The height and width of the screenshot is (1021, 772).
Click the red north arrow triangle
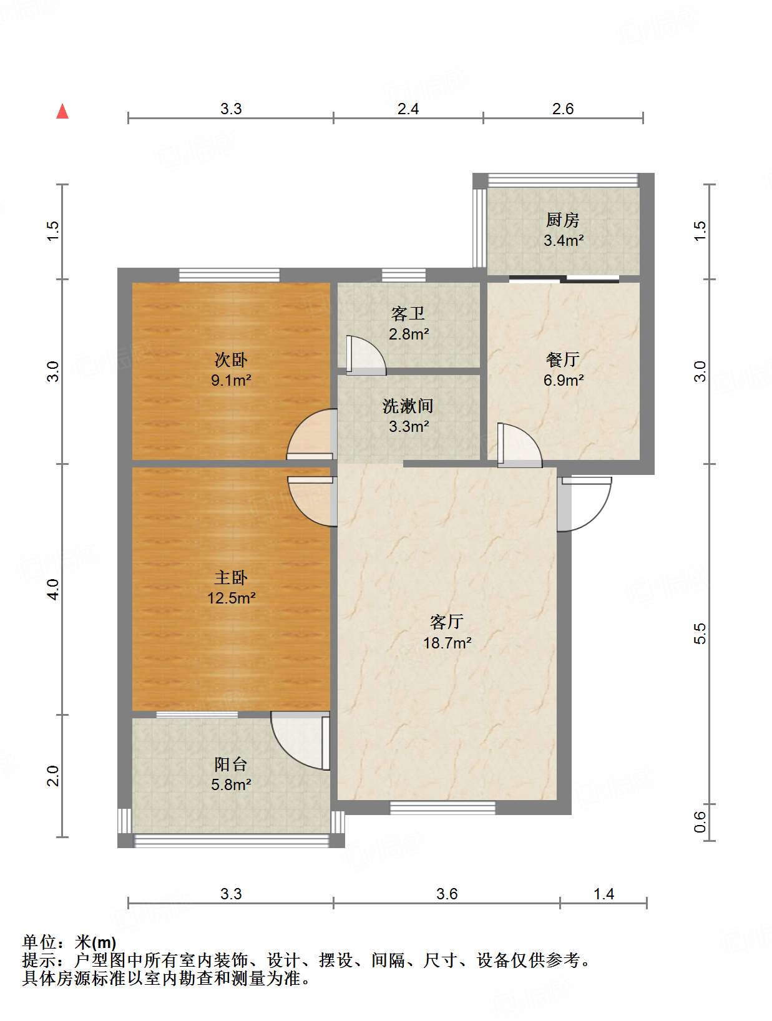(x=62, y=111)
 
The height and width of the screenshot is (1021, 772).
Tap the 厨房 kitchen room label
(x=562, y=220)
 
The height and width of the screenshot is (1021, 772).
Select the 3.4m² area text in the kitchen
(x=563, y=240)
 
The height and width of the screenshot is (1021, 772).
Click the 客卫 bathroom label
(x=408, y=313)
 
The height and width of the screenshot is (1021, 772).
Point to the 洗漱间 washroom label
(x=408, y=406)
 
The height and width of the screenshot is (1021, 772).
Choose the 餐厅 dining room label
(x=562, y=359)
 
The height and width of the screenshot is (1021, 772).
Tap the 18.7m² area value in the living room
(x=447, y=643)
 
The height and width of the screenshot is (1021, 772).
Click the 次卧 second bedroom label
(x=230, y=359)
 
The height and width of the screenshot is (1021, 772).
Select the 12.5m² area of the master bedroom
(x=231, y=598)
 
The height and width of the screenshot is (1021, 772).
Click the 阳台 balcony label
(x=230, y=764)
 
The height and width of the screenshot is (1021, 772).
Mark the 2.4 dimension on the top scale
(x=408, y=109)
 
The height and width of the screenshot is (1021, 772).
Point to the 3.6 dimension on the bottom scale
(x=447, y=894)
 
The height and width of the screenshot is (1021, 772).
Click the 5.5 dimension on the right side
(x=700, y=633)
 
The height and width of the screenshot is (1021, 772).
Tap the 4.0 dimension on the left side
(x=54, y=589)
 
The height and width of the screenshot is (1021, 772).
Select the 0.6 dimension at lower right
(x=700, y=821)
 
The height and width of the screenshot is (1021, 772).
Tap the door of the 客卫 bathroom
(x=364, y=356)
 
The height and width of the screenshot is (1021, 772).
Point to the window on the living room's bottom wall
(x=442, y=808)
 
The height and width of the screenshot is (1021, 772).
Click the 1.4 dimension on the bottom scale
(x=603, y=894)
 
